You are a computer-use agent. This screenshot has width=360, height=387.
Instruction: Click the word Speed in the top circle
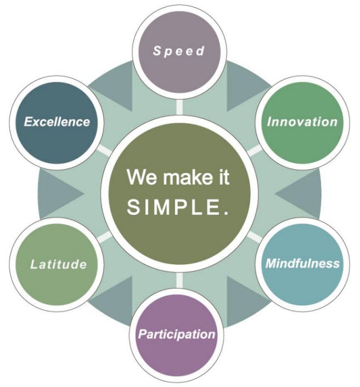point(179,51)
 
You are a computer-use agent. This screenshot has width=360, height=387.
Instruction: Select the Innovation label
point(302,122)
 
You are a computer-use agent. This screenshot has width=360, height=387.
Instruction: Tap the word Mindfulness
point(302,263)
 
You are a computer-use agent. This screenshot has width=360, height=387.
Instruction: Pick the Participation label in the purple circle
point(177,334)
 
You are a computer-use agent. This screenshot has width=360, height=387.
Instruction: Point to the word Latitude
point(59,264)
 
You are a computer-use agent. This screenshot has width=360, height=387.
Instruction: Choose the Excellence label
point(57,122)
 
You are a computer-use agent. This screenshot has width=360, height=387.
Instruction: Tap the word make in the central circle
point(187,177)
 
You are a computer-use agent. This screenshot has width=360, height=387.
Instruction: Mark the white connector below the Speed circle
point(179,107)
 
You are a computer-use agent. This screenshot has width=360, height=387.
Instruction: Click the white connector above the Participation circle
point(179,280)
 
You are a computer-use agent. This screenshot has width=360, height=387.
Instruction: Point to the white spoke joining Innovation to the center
point(255,150)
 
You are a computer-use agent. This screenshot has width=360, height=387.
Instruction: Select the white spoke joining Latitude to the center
point(104,237)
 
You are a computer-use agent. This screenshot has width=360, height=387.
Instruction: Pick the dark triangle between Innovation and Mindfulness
point(300,194)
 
